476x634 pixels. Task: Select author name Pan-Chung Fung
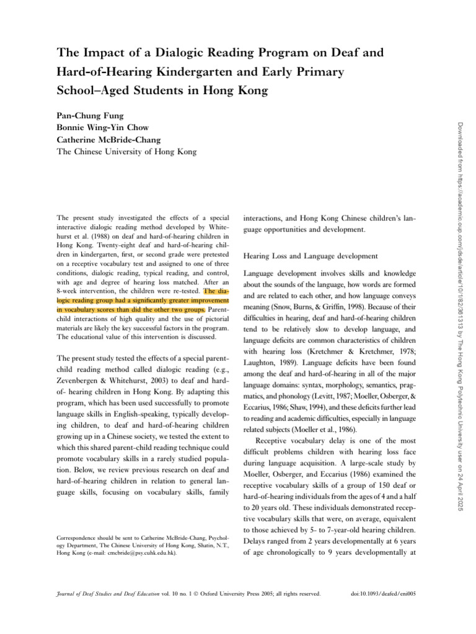click(90, 115)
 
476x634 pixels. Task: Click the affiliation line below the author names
click(126, 151)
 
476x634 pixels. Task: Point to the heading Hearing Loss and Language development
click(310, 256)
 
